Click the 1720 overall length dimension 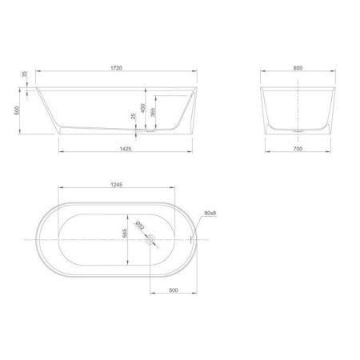[x=116, y=68]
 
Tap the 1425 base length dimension [x=126, y=149]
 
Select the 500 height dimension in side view [x=17, y=110]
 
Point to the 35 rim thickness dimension [x=24, y=74]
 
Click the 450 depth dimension [x=143, y=108]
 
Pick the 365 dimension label [x=153, y=112]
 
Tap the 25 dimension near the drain [x=134, y=116]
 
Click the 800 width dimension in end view [x=298, y=68]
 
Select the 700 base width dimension [x=298, y=149]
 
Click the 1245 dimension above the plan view [x=116, y=185]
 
